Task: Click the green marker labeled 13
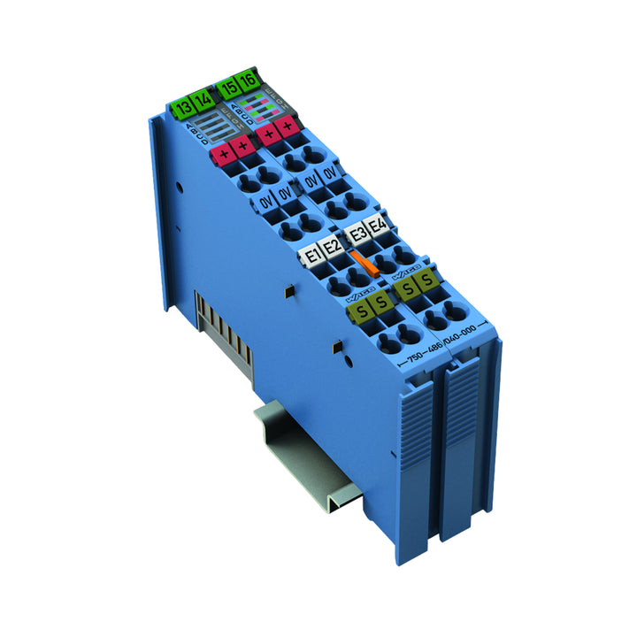tap(183, 109)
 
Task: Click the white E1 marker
tap(312, 257)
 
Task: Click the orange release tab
tap(358, 263)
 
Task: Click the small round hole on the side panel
tap(179, 187)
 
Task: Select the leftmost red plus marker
tap(221, 157)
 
